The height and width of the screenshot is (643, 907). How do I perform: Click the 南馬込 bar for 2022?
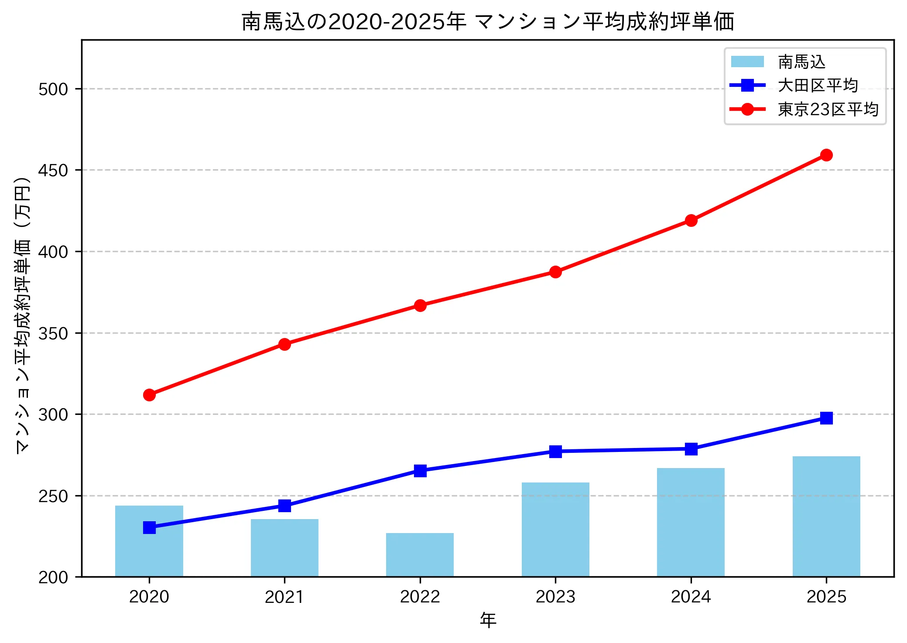tap(420, 554)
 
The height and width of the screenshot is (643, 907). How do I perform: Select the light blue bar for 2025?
tap(826, 516)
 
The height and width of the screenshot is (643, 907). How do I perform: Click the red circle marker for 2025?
tap(826, 155)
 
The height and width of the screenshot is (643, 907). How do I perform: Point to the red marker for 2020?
tap(149, 395)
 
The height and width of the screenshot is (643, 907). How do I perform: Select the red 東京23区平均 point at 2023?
tap(555, 272)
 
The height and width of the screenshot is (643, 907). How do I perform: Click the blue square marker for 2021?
tap(284, 506)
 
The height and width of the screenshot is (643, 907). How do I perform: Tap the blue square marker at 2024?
tap(691, 449)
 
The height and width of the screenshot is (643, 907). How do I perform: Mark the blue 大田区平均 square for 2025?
tap(826, 418)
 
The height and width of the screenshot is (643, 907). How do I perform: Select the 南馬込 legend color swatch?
tap(747, 62)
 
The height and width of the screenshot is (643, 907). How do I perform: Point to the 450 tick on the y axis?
tap(53, 170)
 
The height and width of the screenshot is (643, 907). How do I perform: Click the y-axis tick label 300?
tap(53, 414)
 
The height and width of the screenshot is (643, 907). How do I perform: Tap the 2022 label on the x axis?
tap(420, 597)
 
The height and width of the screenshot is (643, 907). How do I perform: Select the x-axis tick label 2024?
tap(691, 597)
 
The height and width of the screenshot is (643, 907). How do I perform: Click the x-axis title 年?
tap(488, 620)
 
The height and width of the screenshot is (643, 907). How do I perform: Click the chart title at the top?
tap(488, 21)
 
